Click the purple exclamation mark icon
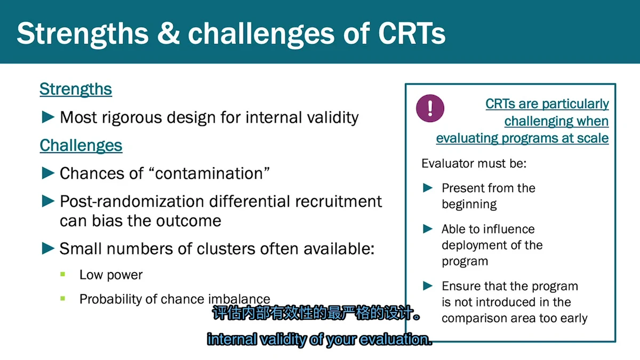[x=430, y=108]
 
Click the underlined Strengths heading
[x=76, y=89]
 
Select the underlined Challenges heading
[x=81, y=146]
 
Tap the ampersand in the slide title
[x=169, y=34]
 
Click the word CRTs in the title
[x=412, y=34]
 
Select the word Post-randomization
[x=133, y=202]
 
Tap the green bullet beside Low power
[x=63, y=274]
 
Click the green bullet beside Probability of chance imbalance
[x=63, y=299]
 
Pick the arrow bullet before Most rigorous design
[x=48, y=117]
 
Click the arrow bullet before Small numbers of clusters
[x=48, y=248]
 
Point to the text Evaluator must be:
[x=474, y=163]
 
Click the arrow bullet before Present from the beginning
[x=428, y=188]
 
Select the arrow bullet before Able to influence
[x=428, y=229]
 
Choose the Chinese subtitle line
[x=317, y=313]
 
